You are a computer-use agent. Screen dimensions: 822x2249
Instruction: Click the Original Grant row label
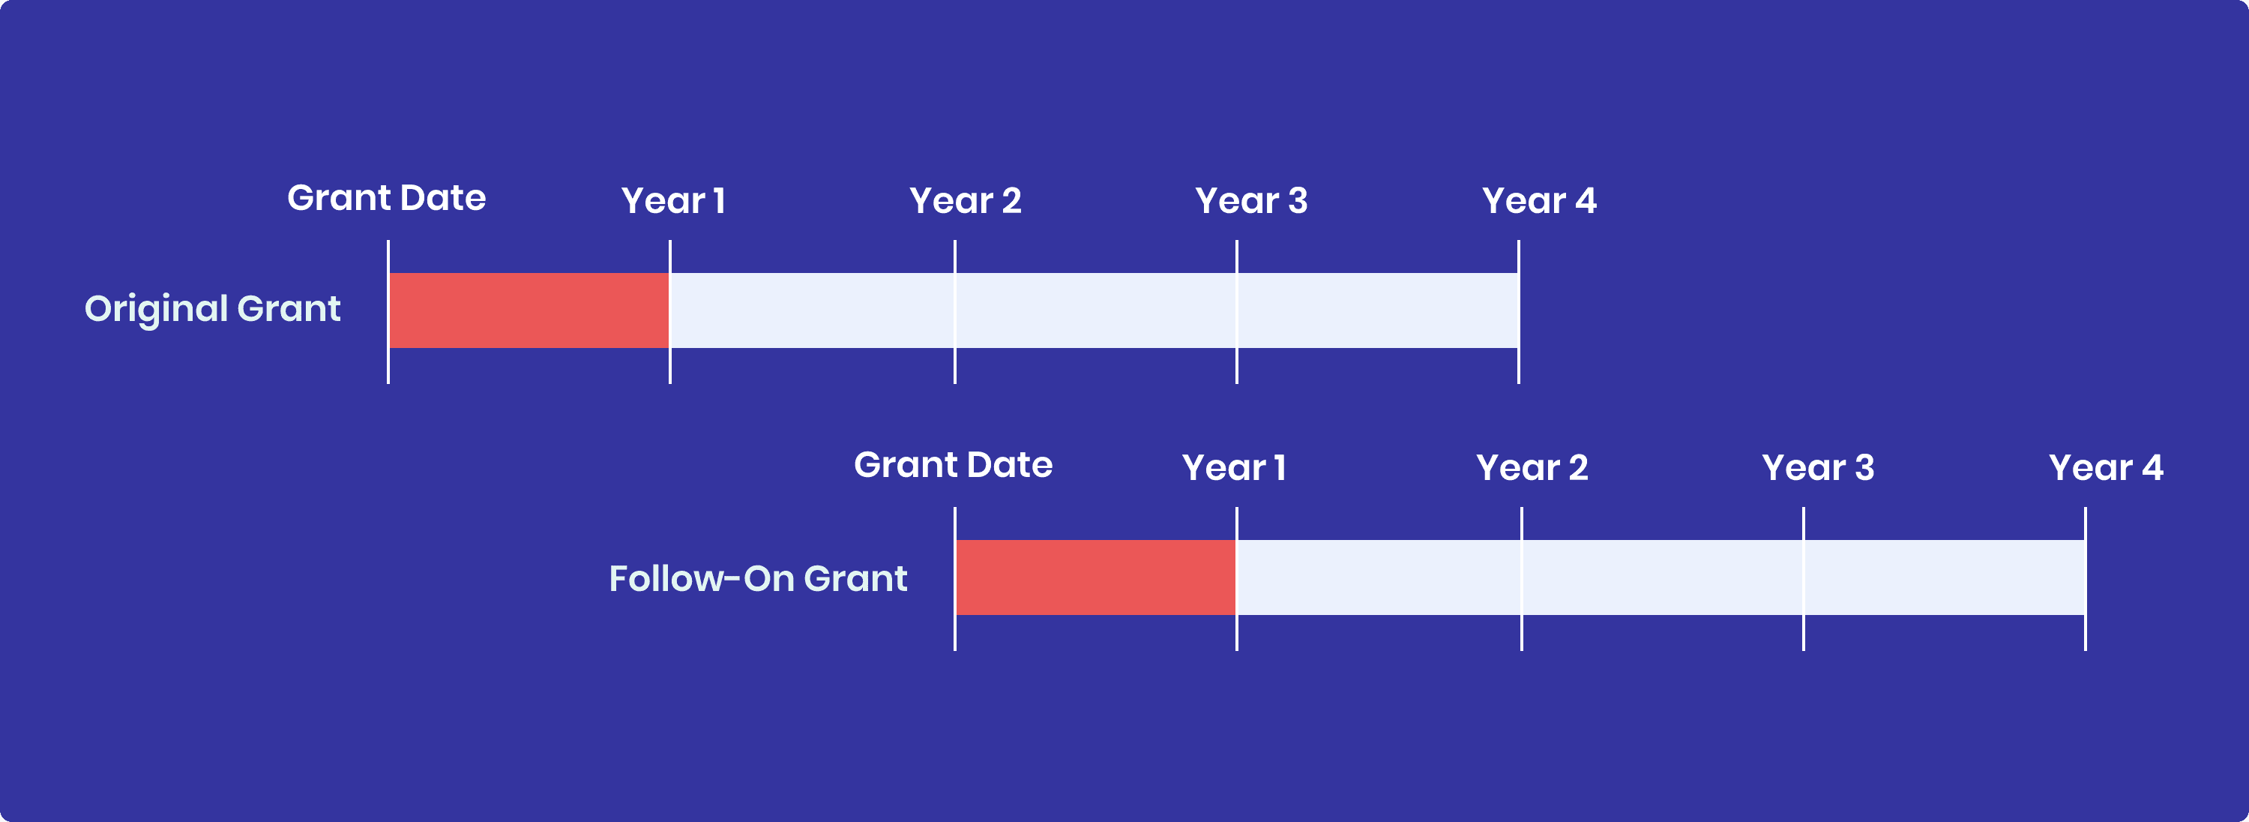coord(212,309)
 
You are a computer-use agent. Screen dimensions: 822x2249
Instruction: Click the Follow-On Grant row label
coord(758,579)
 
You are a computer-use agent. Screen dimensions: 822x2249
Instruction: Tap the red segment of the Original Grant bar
coord(529,310)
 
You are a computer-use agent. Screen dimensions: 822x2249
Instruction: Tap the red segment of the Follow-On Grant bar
coord(1096,577)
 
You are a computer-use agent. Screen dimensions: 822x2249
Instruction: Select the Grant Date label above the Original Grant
coord(386,198)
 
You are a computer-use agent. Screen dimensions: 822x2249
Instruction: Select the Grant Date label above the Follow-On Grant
coord(953,466)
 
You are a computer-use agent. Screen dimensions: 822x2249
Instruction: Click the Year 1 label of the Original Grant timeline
coord(672,201)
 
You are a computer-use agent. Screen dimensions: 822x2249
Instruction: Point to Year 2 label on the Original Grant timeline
coord(965,201)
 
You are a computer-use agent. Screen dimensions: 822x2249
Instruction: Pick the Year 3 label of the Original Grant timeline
coord(1250,201)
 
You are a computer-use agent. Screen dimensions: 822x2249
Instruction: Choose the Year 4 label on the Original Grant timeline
coord(1538,201)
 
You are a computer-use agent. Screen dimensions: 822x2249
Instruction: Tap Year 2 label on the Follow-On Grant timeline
coord(1532,468)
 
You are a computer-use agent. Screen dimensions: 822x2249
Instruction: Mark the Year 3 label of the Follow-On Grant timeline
coord(1818,468)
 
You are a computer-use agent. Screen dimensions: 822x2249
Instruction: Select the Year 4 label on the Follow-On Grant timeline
coord(2105,468)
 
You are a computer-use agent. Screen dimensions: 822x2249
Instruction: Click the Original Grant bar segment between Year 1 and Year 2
coord(812,310)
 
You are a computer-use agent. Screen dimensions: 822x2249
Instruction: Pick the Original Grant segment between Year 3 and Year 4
coord(1378,310)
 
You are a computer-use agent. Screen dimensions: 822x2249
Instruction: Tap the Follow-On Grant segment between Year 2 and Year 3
coord(1662,577)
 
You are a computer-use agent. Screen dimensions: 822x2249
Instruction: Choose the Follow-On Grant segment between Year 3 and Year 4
coord(1945,577)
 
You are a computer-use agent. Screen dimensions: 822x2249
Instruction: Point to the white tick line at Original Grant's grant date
coord(388,367)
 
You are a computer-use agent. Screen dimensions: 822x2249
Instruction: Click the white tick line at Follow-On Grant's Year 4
coord(2085,633)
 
